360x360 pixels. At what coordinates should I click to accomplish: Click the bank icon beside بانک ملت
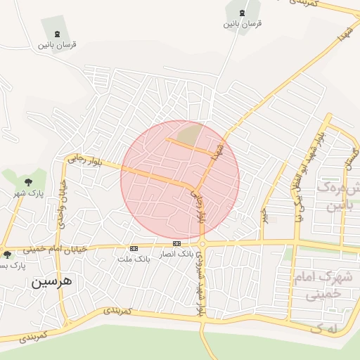(x=134, y=248)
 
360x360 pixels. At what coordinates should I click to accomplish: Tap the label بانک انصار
(x=176, y=253)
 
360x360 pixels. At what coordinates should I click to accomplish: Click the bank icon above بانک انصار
(x=176, y=243)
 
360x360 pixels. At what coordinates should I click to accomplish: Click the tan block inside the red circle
(x=188, y=134)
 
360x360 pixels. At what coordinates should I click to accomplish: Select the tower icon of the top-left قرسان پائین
(x=56, y=34)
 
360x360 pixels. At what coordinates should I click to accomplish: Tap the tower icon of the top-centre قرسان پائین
(x=243, y=13)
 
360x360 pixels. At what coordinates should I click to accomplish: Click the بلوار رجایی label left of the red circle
(x=84, y=161)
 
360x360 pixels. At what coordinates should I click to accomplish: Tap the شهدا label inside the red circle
(x=218, y=150)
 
